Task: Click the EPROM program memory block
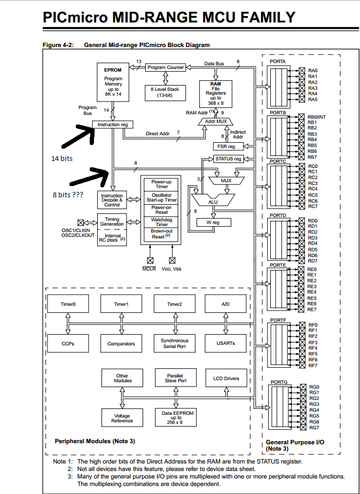[x=113, y=81]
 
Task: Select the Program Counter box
[x=166, y=67]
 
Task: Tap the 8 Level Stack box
[x=165, y=92]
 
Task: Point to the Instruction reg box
[x=112, y=125]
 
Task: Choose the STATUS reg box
[x=228, y=159]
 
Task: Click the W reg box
[x=213, y=222]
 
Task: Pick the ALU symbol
[x=213, y=201]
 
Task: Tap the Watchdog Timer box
[x=161, y=221]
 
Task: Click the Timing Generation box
[x=112, y=221]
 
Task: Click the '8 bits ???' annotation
[x=68, y=195]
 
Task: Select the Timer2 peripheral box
[x=174, y=304]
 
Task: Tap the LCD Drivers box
[x=226, y=379]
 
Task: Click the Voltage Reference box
[x=122, y=418]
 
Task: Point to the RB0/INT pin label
[x=317, y=117]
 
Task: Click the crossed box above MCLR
[x=150, y=260]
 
